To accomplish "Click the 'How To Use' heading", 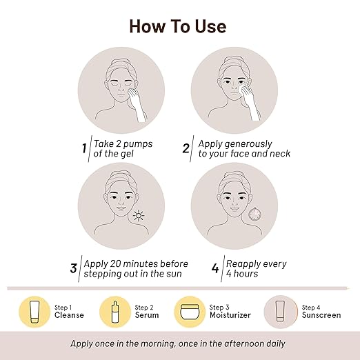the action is (x=178, y=26).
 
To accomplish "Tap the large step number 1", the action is (x=84, y=148).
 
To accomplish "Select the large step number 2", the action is (x=186, y=148).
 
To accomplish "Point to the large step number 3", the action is (x=73, y=268).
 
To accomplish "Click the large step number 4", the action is (x=215, y=268).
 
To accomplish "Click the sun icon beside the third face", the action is (x=139, y=216).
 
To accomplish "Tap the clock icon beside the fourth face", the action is (x=254, y=214).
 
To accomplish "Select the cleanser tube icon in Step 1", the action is (x=34, y=312).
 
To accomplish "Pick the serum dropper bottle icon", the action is (x=115, y=312).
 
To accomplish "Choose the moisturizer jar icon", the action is (x=190, y=312).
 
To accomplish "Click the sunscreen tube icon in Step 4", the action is (x=280, y=311).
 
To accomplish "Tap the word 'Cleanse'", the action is (x=69, y=315).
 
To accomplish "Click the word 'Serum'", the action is (x=147, y=315).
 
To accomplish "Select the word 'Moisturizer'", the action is (x=230, y=315).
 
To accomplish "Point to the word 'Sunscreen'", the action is (x=321, y=315).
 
